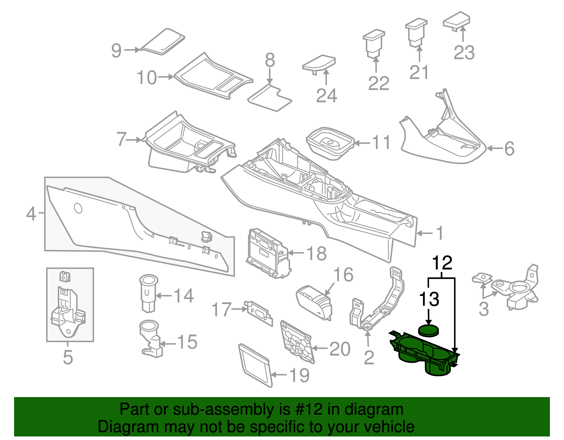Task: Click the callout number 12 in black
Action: [x=442, y=263]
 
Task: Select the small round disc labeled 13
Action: [x=429, y=330]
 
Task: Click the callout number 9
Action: [x=117, y=50]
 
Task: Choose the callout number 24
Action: [x=326, y=95]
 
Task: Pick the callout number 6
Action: [x=509, y=149]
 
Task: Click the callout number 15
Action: [x=187, y=342]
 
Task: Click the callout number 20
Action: [x=340, y=349]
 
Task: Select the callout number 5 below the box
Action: [x=68, y=357]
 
